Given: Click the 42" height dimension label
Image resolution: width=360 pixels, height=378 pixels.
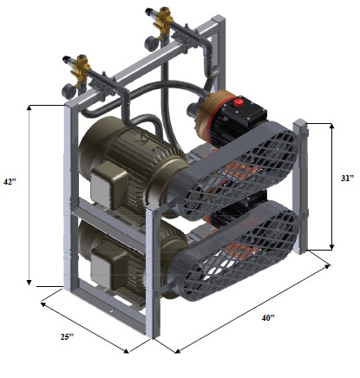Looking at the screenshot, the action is coord(10,182).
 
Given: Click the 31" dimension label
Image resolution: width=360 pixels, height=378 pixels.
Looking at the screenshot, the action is coord(347,179).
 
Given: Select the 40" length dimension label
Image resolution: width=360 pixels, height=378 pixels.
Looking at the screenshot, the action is coord(268,318).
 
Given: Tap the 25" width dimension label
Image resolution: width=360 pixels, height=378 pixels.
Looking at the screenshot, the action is coord(67,336).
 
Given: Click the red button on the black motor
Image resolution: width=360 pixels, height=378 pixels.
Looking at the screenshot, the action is coord(238,102).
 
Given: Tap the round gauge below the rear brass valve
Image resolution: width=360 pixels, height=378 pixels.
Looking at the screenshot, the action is coord(152,42).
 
